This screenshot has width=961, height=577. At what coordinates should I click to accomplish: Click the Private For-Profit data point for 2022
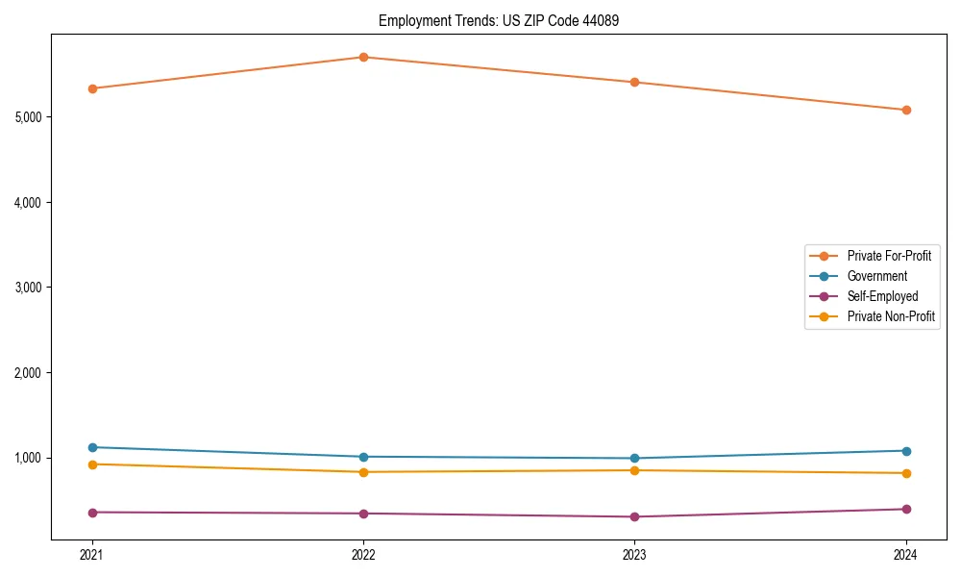363,57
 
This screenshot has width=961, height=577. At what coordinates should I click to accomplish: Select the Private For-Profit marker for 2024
906,110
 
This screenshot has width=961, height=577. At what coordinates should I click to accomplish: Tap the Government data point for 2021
92,447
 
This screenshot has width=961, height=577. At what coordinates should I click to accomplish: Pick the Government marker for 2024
906,451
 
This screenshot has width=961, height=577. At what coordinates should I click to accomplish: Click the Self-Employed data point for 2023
634,516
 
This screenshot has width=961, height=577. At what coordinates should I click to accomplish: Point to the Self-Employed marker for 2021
92,513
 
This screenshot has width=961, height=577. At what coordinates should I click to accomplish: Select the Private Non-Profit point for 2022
363,472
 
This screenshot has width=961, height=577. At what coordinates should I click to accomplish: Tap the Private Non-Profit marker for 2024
906,473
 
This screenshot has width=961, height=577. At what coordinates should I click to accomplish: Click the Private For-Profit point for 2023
634,82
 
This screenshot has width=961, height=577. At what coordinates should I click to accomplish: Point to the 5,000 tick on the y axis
28,117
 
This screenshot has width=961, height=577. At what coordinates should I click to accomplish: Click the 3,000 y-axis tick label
28,288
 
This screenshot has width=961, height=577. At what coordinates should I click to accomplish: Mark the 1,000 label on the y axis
28,458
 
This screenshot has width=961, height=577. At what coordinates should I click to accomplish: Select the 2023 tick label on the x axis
634,554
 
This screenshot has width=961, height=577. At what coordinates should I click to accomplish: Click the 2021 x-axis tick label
92,554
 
